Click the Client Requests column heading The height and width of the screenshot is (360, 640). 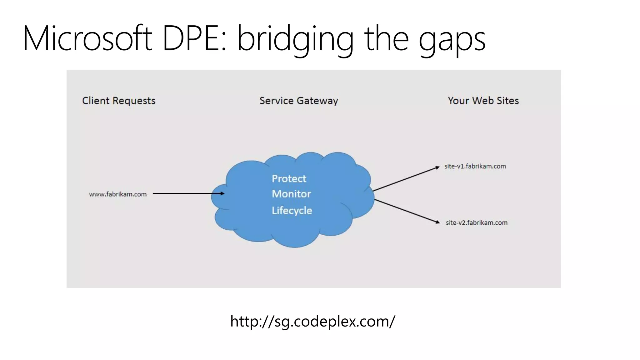(119, 101)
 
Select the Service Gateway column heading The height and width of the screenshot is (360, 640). (299, 101)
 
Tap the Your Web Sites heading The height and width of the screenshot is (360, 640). (483, 101)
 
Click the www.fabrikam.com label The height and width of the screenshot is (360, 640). (118, 194)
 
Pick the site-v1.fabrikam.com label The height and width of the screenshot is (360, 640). (475, 166)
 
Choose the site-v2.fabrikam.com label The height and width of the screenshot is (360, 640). (477, 222)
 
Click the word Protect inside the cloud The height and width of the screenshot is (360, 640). (289, 179)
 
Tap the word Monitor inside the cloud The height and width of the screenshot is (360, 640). (291, 194)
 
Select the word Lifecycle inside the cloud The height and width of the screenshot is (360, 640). (292, 210)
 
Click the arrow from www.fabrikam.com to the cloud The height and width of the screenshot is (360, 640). (187, 193)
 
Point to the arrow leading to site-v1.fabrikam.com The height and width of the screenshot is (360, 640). (406, 179)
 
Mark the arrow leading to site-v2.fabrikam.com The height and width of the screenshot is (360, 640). (406, 211)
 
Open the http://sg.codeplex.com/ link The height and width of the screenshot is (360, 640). (313, 321)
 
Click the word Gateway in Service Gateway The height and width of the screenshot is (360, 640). (317, 101)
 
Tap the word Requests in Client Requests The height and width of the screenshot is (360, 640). (134, 101)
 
